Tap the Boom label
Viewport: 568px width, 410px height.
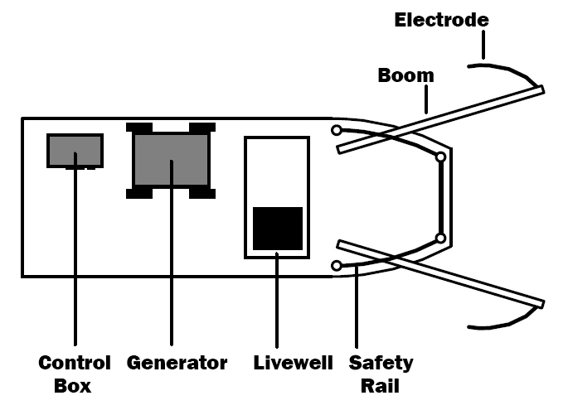tap(405, 75)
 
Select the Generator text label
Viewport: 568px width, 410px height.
tap(177, 363)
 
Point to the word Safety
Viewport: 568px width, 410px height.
tap(381, 363)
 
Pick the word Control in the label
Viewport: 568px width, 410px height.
tap(75, 363)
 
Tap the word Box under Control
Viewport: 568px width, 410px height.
tap(73, 386)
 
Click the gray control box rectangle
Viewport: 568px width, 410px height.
tap(75, 149)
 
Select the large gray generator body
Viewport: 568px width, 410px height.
tap(171, 161)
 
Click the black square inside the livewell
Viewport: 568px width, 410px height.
tap(277, 228)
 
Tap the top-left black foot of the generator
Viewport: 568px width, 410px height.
tap(139, 128)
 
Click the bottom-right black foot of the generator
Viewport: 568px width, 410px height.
tap(202, 194)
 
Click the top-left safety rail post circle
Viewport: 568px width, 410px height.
tap(336, 130)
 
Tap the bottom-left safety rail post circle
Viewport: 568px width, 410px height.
tap(336, 265)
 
